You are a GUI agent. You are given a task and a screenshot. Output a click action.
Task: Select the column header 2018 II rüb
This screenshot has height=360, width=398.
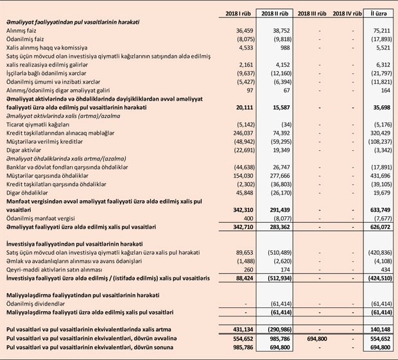click(278, 13)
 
